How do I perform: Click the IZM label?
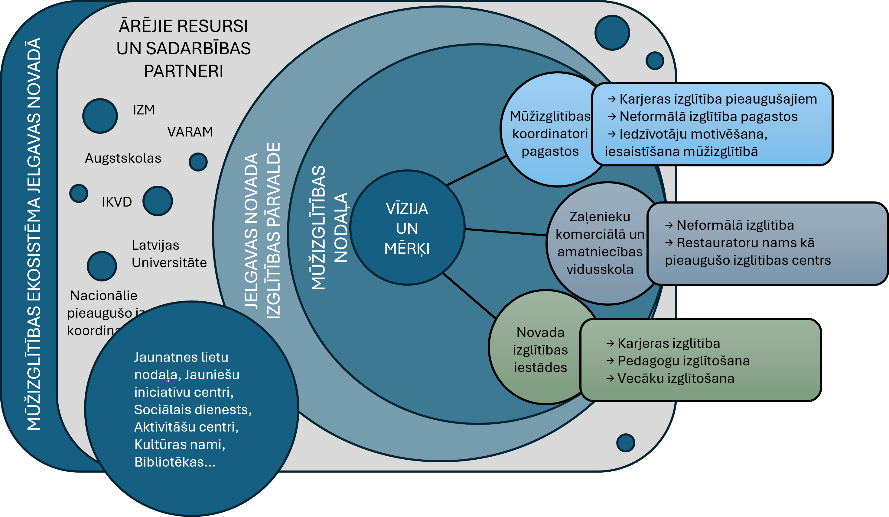pyautogui.click(x=144, y=110)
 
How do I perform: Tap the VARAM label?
pyautogui.click(x=190, y=132)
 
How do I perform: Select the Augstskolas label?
pyautogui.click(x=123, y=158)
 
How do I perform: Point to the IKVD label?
pyautogui.click(x=117, y=202)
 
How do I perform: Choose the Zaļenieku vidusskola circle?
pyautogui.click(x=600, y=243)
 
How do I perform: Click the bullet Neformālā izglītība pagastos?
pyautogui.click(x=708, y=117)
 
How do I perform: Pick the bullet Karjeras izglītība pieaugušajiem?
pyautogui.click(x=718, y=99)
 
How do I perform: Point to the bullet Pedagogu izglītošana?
pyautogui.click(x=683, y=361)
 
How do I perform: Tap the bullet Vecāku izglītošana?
pyautogui.click(x=676, y=378)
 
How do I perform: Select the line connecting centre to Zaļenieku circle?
pyautogui.click(x=506, y=232)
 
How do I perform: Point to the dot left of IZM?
pyautogui.click(x=100, y=116)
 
